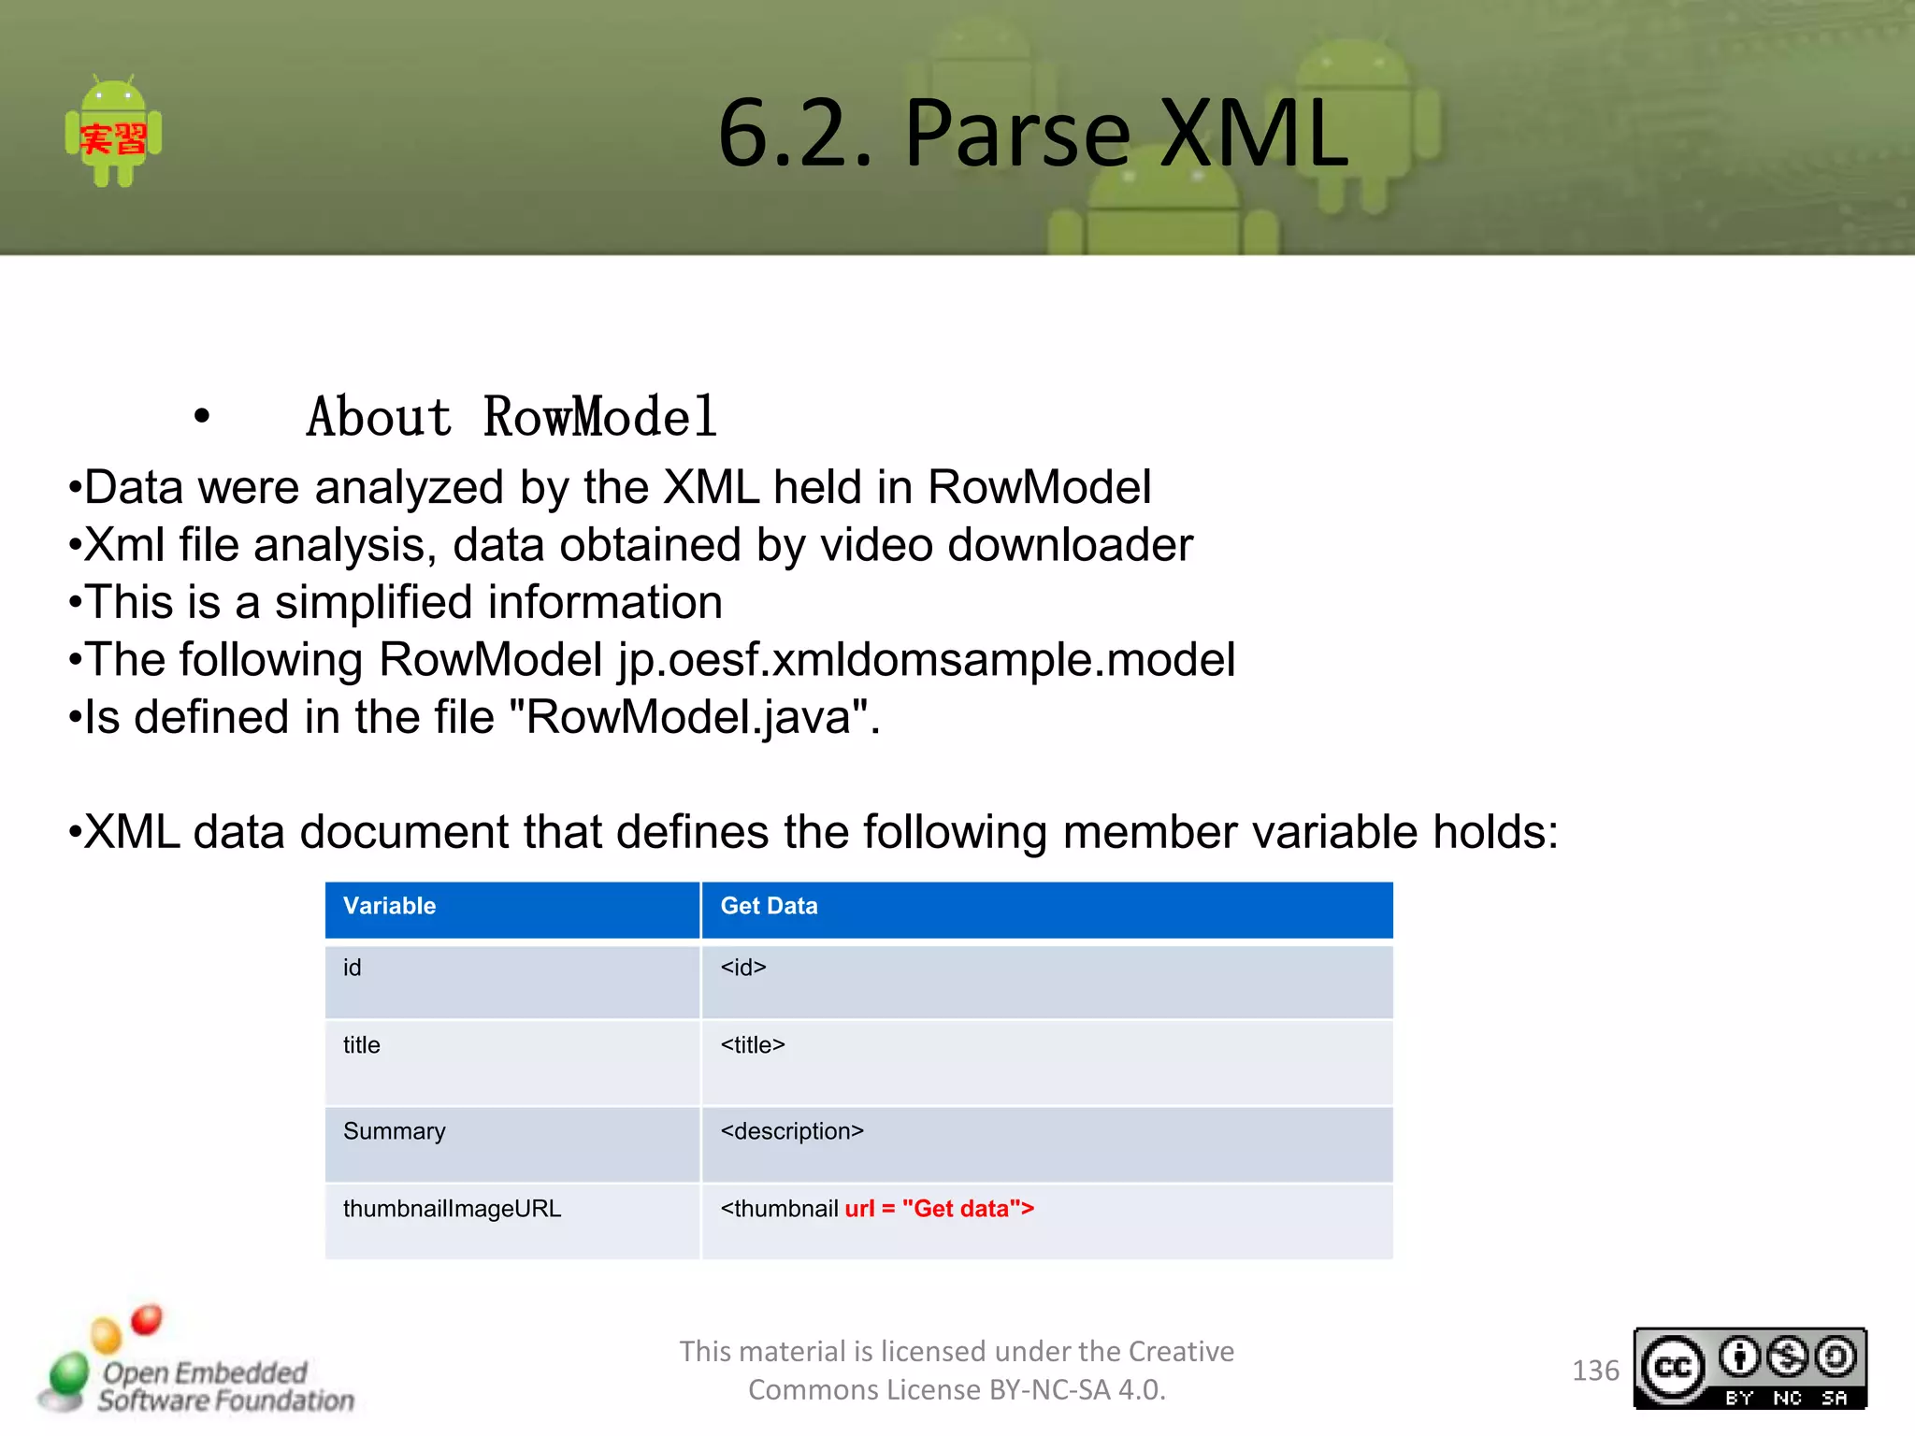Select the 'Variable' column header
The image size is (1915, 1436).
(389, 906)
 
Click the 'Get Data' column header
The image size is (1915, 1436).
(769, 906)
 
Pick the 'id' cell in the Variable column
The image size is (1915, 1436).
(352, 968)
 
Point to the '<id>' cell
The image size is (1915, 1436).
(743, 968)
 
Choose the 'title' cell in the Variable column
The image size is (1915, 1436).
(361, 1045)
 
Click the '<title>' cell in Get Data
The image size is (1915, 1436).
(753, 1045)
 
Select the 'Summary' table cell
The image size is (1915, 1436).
(394, 1131)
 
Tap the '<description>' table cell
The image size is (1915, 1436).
(792, 1131)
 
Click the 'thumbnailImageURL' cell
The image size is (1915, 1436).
(452, 1209)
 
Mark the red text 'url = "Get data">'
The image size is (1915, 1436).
(939, 1209)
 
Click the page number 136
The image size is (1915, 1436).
(1595, 1371)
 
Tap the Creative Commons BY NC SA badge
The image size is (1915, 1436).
(1749, 1369)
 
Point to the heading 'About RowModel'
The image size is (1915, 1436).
(511, 417)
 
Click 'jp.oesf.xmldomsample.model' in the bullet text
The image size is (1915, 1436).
(926, 660)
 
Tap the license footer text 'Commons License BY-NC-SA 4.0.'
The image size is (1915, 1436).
(957, 1390)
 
